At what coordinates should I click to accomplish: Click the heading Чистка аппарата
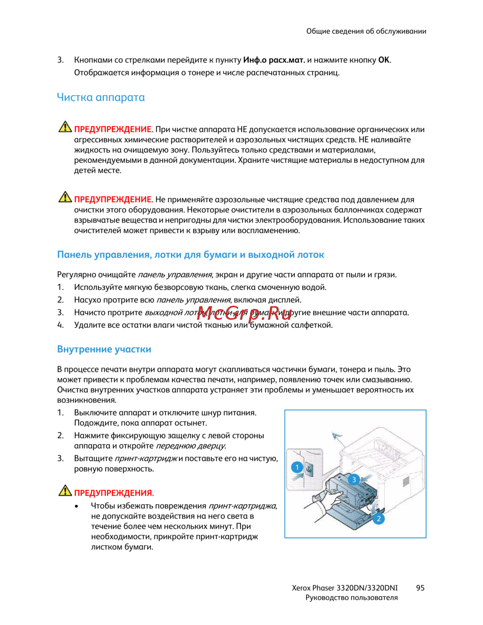(x=100, y=97)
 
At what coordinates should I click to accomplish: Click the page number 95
(x=420, y=588)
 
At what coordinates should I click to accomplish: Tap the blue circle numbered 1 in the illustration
(x=297, y=467)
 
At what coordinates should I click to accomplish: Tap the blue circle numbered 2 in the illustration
(x=379, y=519)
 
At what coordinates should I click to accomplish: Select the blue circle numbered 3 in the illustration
(x=354, y=480)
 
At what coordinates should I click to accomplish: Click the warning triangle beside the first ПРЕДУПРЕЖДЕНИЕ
(x=65, y=128)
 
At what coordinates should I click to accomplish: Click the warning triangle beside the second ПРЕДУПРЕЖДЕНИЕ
(x=65, y=198)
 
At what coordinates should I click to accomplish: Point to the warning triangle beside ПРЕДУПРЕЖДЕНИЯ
(x=65, y=491)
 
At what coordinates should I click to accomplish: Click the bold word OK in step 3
(x=384, y=60)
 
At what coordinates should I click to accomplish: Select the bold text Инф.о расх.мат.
(x=274, y=60)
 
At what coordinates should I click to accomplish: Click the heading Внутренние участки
(x=104, y=349)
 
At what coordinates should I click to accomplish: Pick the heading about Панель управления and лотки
(x=190, y=255)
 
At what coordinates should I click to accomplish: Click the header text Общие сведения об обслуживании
(x=366, y=31)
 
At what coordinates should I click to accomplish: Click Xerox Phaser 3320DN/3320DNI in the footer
(x=345, y=588)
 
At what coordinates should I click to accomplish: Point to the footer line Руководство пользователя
(x=352, y=598)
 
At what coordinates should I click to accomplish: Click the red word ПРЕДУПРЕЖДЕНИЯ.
(x=114, y=493)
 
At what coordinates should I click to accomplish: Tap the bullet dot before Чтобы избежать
(x=77, y=506)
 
